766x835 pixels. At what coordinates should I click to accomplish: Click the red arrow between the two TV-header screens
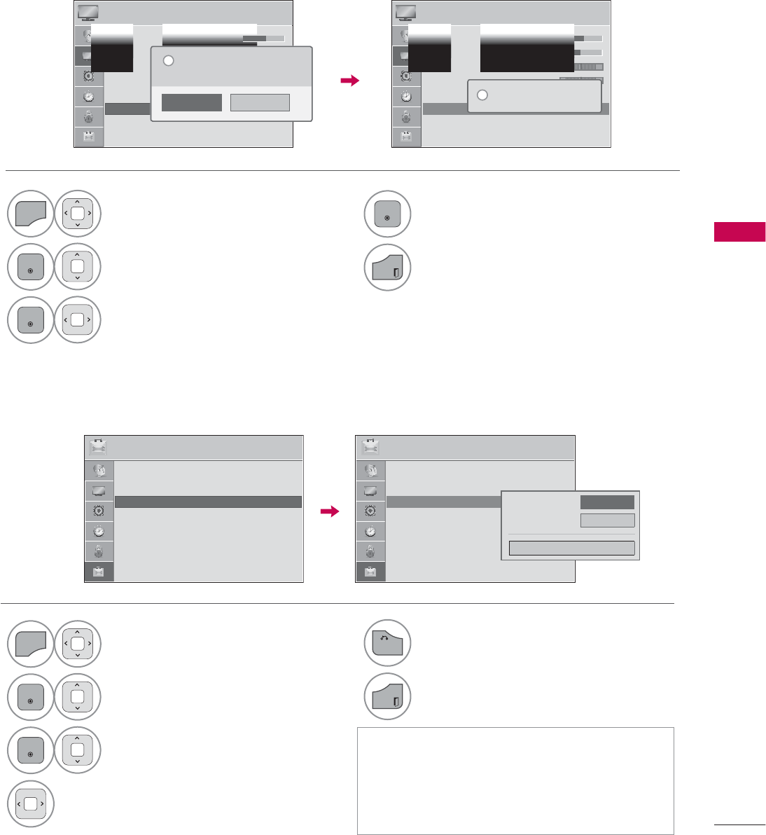pos(349,81)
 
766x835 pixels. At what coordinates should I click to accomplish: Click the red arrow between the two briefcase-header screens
pos(329,512)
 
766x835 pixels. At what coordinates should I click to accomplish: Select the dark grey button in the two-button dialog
pos(191,102)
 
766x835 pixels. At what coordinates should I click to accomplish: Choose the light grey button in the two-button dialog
pos(260,102)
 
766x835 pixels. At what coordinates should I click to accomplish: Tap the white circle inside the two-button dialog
pos(168,61)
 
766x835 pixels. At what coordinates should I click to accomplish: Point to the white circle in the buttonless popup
pos(482,95)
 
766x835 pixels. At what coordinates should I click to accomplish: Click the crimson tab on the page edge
pos(739,232)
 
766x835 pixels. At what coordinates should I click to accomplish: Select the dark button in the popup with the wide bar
pos(607,502)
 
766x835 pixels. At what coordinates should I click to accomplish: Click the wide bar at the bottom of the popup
pos(571,548)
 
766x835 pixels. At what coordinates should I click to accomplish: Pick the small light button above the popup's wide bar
pos(607,520)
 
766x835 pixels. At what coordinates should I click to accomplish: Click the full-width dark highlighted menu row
pos(208,502)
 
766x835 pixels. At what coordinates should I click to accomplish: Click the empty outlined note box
pos(515,780)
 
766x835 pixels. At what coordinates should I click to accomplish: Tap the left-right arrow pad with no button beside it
pos(30,804)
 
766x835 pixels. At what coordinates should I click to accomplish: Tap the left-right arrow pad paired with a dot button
pos(77,320)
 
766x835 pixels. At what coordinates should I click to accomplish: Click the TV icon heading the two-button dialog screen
pos(88,13)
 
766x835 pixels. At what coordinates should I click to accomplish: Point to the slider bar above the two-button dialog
pos(263,38)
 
